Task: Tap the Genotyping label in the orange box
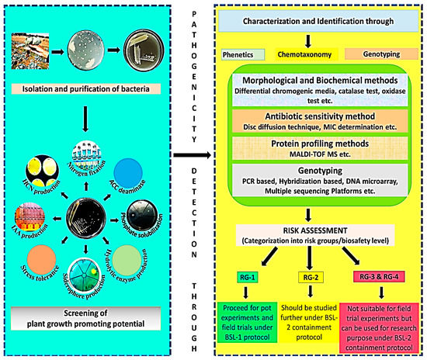tap(366, 56)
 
